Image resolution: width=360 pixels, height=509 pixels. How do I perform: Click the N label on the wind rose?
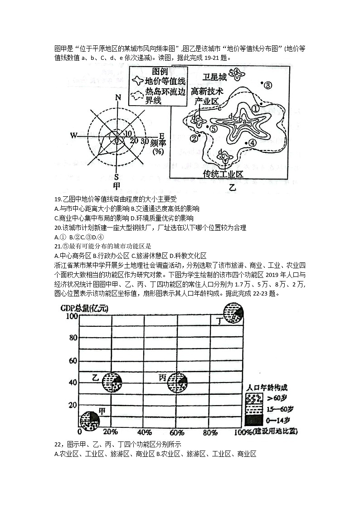[118, 97]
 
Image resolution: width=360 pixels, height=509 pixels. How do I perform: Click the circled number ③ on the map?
[268, 85]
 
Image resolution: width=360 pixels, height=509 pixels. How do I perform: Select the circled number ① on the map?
[256, 109]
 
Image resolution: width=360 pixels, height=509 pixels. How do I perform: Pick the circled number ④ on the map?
[253, 142]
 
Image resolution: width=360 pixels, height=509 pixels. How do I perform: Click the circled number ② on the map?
[194, 138]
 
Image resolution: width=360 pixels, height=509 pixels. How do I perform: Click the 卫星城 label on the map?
[214, 76]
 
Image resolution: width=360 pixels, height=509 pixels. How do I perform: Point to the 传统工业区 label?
[224, 174]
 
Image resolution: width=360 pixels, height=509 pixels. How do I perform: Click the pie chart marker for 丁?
[234, 312]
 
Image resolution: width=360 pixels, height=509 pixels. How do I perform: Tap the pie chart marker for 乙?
[112, 382]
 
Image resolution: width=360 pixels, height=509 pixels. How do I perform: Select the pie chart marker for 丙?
[178, 382]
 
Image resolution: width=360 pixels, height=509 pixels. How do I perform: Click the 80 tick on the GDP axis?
[73, 338]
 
